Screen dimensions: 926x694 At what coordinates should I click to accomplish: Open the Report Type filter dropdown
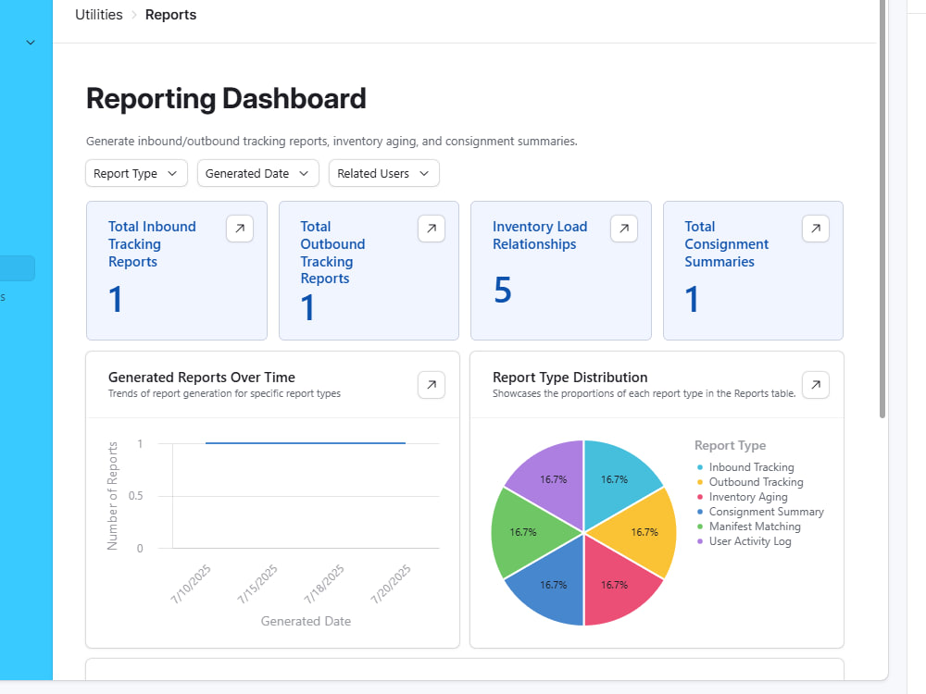[x=136, y=174]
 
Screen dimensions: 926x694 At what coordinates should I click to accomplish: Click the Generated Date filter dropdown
[x=258, y=174]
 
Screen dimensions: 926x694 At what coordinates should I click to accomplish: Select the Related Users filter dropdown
[x=384, y=174]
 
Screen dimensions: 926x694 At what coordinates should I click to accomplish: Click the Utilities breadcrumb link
[x=99, y=15]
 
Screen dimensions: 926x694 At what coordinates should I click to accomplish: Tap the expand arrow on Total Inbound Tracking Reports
[x=240, y=229]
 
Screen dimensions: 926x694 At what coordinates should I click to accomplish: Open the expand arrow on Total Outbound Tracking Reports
[x=432, y=229]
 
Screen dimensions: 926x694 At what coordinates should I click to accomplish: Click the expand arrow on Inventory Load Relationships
[x=624, y=229]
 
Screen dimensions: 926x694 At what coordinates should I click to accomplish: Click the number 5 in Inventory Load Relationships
[x=503, y=290]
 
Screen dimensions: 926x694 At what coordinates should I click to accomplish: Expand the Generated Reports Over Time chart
[x=432, y=385]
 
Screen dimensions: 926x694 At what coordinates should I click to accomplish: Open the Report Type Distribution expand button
[x=816, y=385]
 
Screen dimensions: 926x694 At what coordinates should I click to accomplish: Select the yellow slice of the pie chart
[x=639, y=532]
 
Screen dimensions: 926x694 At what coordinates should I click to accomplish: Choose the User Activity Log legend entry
[x=745, y=541]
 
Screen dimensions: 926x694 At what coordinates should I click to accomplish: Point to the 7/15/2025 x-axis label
[x=257, y=584]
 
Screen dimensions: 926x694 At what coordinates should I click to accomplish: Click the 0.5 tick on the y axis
[x=136, y=496]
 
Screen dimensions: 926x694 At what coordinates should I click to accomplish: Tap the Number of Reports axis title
[x=112, y=496]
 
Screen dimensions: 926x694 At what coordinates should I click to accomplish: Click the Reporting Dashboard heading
[x=226, y=99]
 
